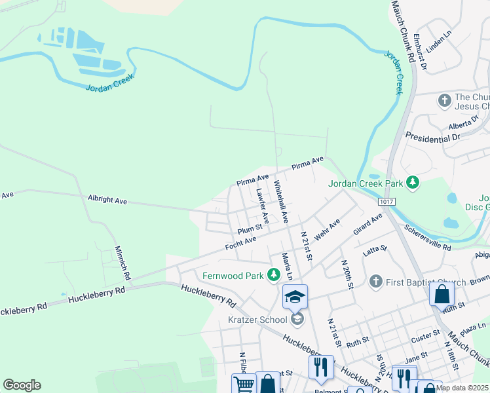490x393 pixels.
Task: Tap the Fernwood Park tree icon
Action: (x=274, y=274)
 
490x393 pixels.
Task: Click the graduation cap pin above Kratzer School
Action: (x=295, y=297)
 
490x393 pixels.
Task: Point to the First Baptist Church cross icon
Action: (x=375, y=281)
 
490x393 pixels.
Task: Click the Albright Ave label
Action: (x=107, y=199)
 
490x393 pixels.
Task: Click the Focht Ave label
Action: (x=240, y=244)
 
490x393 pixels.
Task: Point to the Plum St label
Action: (x=250, y=229)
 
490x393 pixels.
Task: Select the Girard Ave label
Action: (x=367, y=224)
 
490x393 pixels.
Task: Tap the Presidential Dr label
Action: (x=433, y=138)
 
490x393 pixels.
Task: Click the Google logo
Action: (x=22, y=385)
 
